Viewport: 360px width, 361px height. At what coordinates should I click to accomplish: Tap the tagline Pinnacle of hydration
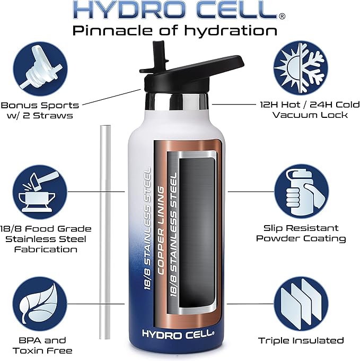(x=175, y=30)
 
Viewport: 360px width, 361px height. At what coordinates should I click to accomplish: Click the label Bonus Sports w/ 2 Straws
(x=40, y=110)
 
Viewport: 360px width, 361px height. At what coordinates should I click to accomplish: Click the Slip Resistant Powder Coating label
(x=301, y=233)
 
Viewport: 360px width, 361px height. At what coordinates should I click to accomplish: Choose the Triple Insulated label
(x=301, y=340)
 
